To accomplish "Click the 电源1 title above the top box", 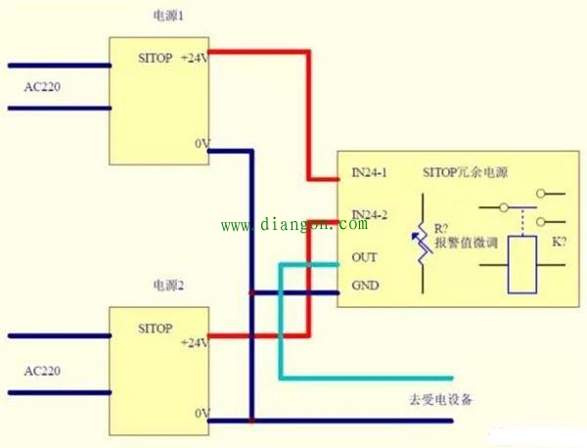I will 168,16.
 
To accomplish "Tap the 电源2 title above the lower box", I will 168,286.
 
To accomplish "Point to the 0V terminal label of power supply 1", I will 203,144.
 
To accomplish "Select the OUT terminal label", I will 364,257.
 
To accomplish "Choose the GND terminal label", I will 365,286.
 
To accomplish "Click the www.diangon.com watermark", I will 294,225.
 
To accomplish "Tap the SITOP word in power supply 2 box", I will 156,329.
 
